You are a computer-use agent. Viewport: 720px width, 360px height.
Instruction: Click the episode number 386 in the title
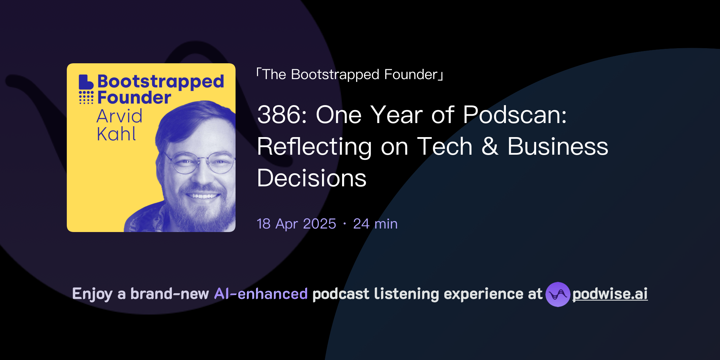click(278, 115)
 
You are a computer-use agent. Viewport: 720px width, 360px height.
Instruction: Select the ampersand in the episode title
click(490, 146)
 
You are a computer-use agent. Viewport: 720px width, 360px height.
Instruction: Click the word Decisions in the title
click(311, 178)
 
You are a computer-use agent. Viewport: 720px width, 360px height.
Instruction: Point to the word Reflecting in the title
click(314, 147)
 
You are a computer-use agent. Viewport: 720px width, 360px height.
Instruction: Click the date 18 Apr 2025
click(296, 224)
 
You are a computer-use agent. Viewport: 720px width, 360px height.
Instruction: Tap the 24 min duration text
click(375, 224)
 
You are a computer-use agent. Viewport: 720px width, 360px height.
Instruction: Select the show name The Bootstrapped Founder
click(350, 75)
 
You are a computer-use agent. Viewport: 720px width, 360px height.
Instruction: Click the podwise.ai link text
click(610, 294)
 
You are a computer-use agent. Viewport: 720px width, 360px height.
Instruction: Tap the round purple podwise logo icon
click(558, 294)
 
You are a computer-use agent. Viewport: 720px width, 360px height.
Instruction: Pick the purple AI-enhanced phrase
click(261, 294)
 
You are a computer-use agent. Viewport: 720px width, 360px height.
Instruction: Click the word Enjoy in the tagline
click(92, 294)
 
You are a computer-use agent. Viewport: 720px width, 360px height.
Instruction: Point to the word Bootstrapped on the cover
click(161, 82)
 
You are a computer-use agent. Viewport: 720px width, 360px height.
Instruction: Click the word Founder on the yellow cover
click(134, 97)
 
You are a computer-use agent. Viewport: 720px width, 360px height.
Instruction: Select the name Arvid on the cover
click(120, 116)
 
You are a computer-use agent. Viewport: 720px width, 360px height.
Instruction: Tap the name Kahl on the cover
click(116, 134)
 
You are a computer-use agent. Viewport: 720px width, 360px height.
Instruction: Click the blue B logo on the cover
click(85, 82)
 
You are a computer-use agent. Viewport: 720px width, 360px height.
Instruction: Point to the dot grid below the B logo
click(86, 97)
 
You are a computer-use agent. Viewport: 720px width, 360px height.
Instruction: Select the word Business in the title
click(558, 146)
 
